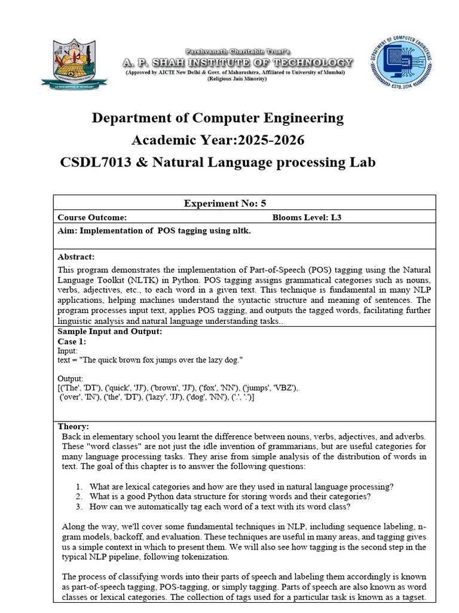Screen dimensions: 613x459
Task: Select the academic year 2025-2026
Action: [261, 140]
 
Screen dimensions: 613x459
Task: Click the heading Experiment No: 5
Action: [225, 204]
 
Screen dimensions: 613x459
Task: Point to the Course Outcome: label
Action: [92, 217]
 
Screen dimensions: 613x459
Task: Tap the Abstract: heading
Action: [76, 257]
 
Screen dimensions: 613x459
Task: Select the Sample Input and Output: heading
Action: [109, 332]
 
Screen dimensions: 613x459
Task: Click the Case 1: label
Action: [72, 341]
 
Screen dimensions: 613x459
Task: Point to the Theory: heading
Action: [73, 427]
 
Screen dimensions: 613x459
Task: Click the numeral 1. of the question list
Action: [79, 486]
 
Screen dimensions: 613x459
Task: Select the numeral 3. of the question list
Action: [79, 506]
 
